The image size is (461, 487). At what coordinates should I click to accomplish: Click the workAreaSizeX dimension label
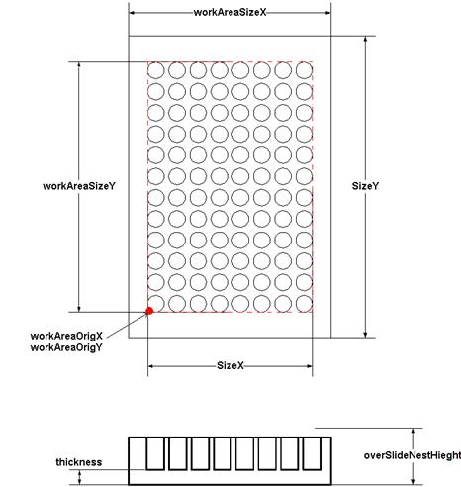tap(230, 13)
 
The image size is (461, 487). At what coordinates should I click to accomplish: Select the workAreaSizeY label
tap(79, 186)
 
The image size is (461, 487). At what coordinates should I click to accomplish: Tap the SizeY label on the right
tap(365, 186)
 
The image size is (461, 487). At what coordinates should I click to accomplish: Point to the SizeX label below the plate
tap(230, 365)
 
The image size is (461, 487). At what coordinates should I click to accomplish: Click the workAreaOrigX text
tap(66, 336)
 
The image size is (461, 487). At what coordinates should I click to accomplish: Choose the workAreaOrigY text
tap(66, 347)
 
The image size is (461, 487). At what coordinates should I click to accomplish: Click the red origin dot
tap(149, 311)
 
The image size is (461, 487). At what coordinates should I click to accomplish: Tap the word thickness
tap(79, 462)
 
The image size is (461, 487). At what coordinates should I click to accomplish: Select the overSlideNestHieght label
tap(413, 455)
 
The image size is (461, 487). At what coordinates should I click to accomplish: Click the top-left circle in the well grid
tap(156, 70)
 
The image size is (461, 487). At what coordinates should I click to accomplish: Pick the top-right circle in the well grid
tap(304, 70)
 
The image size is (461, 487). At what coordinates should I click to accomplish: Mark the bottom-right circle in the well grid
tap(304, 304)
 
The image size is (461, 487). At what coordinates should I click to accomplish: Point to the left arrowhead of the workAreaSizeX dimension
tap(132, 13)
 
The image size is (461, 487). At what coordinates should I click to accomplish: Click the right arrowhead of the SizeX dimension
tap(309, 366)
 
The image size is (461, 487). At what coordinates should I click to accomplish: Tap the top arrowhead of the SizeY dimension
tap(365, 40)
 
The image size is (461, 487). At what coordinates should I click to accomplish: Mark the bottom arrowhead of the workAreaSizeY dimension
tap(79, 308)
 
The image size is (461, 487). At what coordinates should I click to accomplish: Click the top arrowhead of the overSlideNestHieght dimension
tap(413, 432)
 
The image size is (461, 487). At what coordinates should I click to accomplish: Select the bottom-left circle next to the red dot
tap(156, 304)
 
